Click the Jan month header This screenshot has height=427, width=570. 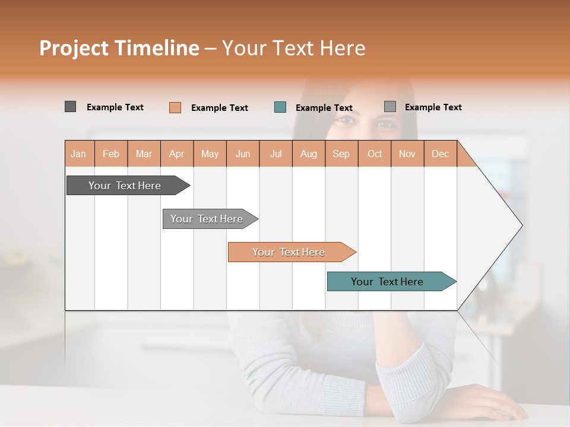tap(79, 154)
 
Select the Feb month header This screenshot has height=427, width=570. tap(111, 154)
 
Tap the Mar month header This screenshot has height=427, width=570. tap(144, 154)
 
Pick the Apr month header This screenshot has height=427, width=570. tap(177, 154)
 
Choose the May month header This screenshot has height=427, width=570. tap(210, 154)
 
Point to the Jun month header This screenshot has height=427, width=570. tap(243, 154)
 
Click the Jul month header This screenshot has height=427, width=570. tap(275, 154)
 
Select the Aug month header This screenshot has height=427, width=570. tap(309, 154)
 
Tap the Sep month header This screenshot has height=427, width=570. tap(341, 154)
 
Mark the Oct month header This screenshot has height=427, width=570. tap(375, 154)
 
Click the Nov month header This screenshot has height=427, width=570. tap(407, 154)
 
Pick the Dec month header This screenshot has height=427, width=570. tap(441, 154)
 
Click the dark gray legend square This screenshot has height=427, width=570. tap(71, 107)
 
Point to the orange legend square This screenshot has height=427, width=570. tap(175, 107)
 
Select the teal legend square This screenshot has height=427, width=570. tap(280, 107)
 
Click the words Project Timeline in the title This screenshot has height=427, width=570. tap(119, 48)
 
